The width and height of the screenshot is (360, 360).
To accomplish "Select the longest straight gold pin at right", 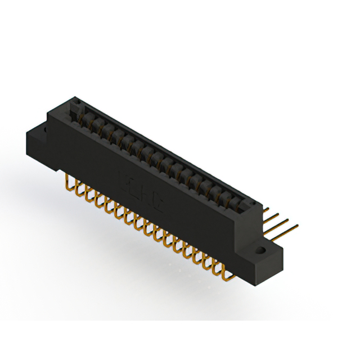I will [x=284, y=229].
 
